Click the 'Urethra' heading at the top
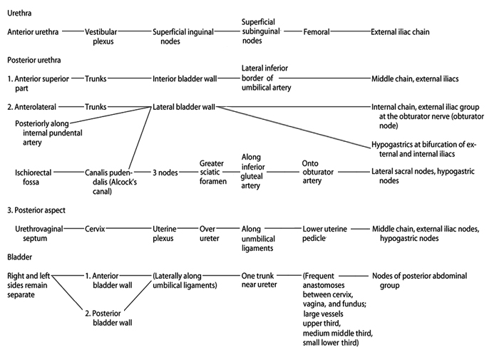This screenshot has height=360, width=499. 19,14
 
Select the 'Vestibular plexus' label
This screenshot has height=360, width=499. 101,36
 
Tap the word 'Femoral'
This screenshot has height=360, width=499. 317,32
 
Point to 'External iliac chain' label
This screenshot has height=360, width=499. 400,32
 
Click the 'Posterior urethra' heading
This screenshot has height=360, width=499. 34,60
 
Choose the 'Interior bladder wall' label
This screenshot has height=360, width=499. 185,78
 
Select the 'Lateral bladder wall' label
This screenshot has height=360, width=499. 184,107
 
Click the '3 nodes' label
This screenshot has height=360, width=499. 165,173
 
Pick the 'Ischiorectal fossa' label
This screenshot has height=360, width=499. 33,178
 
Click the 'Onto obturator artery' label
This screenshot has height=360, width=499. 318,172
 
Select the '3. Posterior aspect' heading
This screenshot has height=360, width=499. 36,210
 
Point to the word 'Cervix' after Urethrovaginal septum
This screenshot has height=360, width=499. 95,229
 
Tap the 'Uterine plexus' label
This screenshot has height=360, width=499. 165,234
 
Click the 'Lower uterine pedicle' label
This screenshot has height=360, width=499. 324,234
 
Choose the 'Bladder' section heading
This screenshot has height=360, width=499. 20,257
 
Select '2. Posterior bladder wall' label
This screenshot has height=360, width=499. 108,318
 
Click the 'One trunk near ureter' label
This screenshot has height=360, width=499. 259,280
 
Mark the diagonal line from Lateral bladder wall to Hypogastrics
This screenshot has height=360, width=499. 294,128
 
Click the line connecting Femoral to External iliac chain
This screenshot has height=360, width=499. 351,31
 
